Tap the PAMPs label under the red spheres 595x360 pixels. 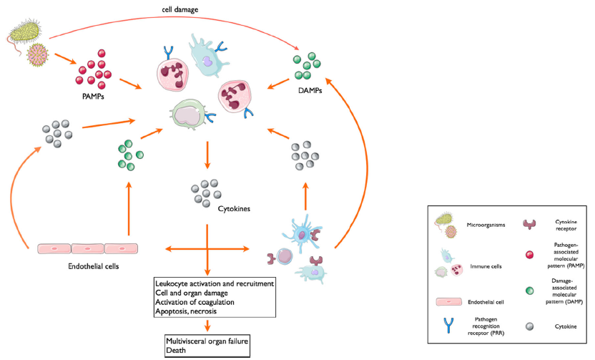95,93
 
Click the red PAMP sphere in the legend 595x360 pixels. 528,256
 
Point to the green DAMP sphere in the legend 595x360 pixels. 528,291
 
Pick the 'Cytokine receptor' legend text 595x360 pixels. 564,226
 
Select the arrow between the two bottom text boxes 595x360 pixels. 207,326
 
